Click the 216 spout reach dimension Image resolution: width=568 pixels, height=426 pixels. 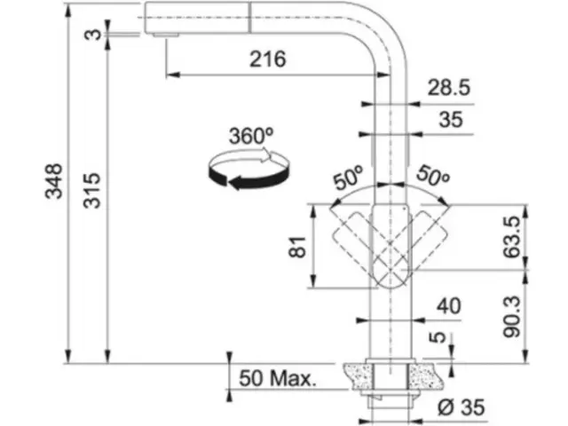268,59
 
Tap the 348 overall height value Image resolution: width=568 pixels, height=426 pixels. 53,181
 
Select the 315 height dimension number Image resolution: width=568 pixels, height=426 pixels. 91,191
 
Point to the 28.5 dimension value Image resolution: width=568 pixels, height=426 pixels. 449,88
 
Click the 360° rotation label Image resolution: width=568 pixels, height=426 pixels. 250,136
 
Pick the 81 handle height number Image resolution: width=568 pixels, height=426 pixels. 298,247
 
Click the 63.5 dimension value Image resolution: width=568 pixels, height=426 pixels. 512,237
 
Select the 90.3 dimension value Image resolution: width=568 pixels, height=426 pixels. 512,317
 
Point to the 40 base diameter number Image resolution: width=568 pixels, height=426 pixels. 449,306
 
